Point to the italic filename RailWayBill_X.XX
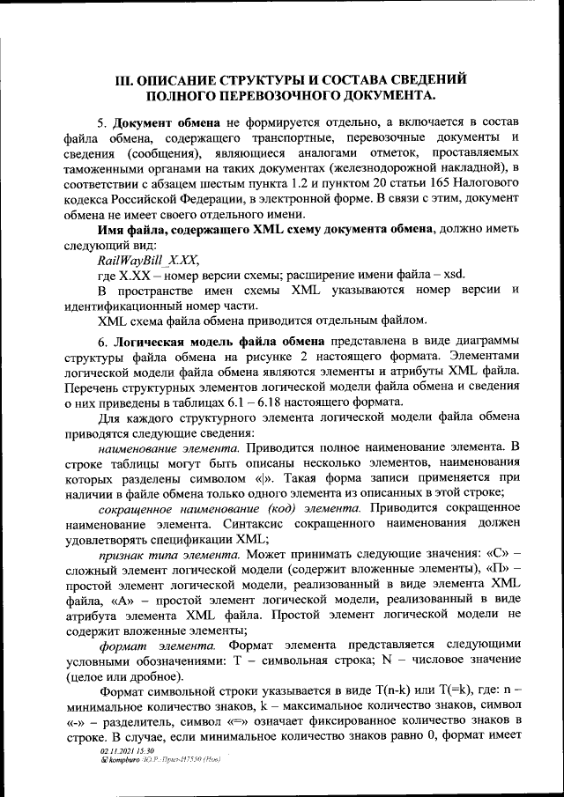coord(148,259)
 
